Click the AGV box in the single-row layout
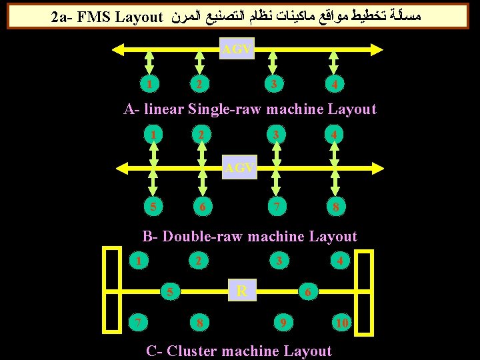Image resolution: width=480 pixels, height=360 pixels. tap(237, 49)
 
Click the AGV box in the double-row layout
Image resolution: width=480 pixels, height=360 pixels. tap(239, 168)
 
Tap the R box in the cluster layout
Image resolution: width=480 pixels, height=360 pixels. tap(242, 291)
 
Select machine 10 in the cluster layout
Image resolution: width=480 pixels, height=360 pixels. tap(342, 324)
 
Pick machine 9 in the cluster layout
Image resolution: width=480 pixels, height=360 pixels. tap(283, 324)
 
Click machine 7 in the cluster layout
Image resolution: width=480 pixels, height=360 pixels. tap(138, 323)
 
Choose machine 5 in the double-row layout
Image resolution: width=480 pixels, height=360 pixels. tap(153, 206)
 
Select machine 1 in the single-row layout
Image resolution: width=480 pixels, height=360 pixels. tap(152, 84)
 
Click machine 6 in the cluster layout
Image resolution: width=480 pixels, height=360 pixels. tap(307, 292)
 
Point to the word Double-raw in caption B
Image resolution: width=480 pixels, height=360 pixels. tap(203, 237)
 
